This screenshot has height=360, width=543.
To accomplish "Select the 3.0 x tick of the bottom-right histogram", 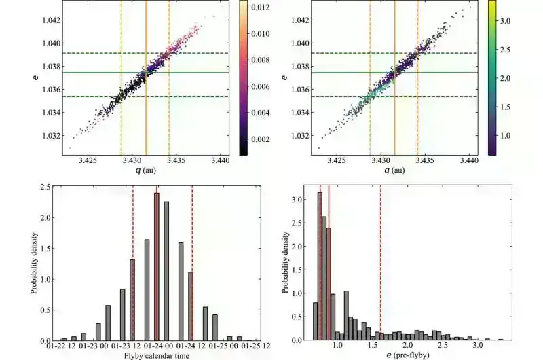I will [x=477, y=346].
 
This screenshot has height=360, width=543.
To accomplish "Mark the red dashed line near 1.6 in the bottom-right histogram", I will [x=381, y=272].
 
